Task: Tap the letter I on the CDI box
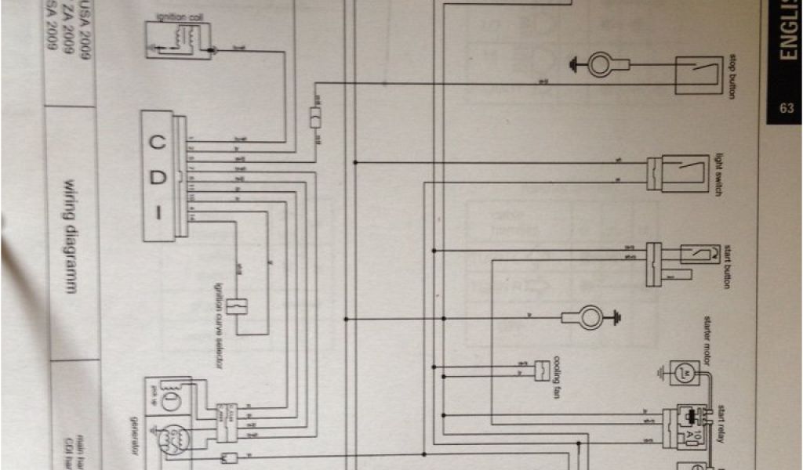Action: [159, 211]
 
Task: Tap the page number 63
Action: [786, 109]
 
